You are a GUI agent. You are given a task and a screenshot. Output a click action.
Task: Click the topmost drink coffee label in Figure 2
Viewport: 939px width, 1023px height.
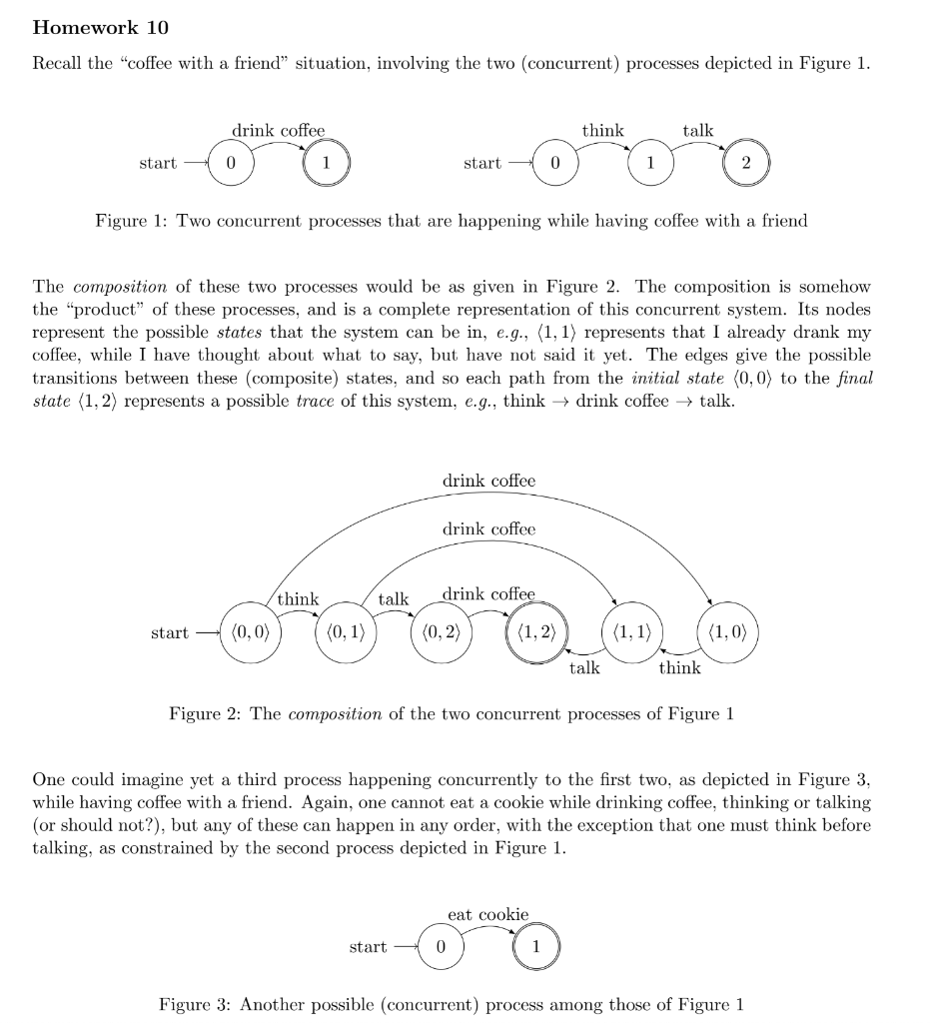click(488, 481)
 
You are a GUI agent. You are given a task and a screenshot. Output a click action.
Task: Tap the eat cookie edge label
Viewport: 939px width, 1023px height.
click(487, 914)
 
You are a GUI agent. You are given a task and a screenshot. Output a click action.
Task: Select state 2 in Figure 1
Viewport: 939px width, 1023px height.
click(746, 163)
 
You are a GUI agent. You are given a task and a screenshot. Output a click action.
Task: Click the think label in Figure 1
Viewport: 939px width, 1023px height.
click(602, 131)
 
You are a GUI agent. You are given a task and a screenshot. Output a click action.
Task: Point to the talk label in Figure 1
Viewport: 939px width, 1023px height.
click(698, 131)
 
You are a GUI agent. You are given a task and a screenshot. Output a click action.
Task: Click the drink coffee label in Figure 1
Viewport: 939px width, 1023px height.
click(279, 131)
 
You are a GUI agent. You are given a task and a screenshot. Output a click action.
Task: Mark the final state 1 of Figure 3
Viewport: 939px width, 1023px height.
click(535, 946)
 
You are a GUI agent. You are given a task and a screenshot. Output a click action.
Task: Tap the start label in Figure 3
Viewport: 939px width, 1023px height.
click(368, 946)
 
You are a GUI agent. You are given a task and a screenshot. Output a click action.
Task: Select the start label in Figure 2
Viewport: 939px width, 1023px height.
click(169, 632)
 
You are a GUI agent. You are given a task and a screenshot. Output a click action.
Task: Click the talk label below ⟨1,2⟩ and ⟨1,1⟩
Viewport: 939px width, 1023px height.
click(584, 667)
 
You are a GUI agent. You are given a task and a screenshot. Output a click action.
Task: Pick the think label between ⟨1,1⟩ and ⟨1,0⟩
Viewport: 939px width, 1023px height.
click(679, 667)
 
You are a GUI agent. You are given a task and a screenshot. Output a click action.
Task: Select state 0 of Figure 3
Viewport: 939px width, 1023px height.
click(440, 946)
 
